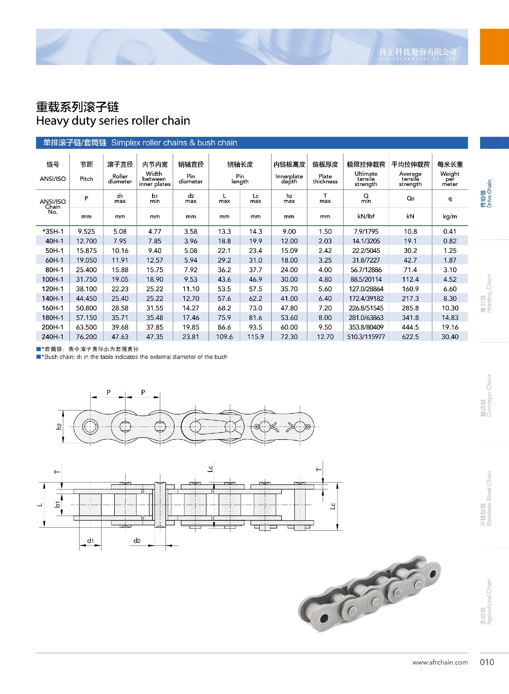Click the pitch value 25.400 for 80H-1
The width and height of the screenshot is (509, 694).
pos(86,270)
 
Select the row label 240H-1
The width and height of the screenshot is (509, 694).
pos(53,337)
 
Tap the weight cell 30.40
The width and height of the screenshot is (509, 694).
pos(450,337)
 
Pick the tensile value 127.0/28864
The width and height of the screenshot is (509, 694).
pos(366,289)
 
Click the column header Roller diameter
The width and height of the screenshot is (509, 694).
pos(120,179)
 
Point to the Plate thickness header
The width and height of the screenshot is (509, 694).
pos(325,179)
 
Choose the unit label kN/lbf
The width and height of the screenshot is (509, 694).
pos(366,216)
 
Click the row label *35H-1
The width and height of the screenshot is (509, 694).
pos(53,232)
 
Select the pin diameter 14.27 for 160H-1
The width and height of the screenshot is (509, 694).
pos(191,308)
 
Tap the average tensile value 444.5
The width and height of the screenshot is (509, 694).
pos(410,327)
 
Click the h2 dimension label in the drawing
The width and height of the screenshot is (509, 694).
pos(59,426)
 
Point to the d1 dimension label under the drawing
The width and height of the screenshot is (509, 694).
pos(90,540)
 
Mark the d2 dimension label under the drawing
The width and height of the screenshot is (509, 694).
pos(137,540)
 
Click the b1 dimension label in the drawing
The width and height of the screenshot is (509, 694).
pos(57,504)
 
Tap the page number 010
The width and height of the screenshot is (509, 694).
pos(487,662)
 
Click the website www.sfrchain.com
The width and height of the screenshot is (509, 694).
pos(440,662)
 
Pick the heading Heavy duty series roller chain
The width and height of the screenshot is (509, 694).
pos(113,120)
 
